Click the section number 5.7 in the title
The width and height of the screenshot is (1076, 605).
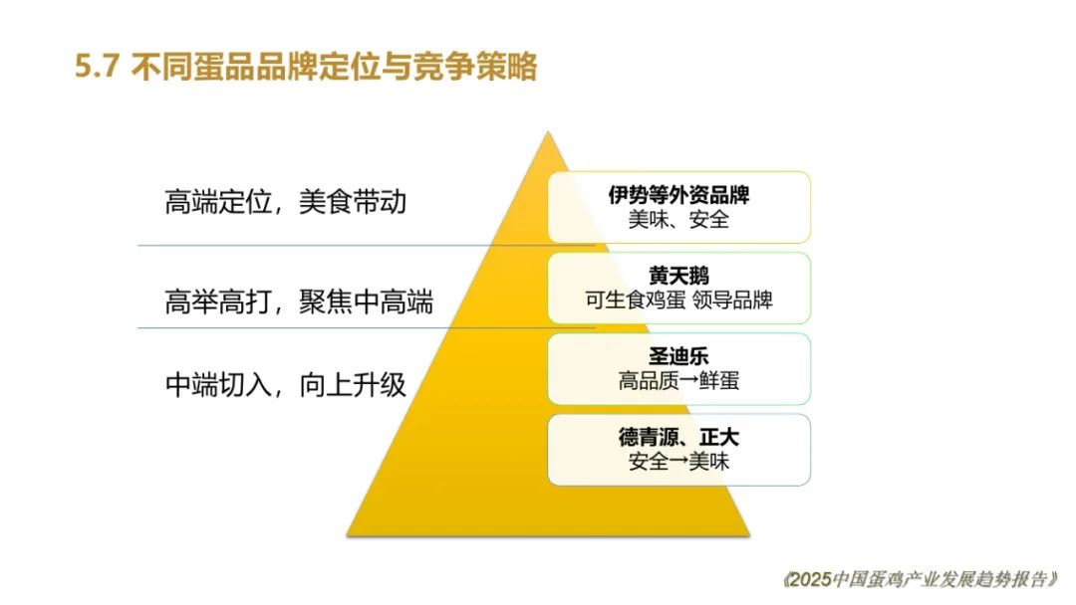(98, 67)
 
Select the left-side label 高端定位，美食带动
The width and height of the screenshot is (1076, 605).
(286, 202)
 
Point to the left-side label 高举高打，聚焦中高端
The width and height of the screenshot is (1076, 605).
(299, 302)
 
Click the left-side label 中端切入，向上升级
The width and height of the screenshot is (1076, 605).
(286, 384)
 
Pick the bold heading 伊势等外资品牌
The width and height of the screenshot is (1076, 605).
(678, 195)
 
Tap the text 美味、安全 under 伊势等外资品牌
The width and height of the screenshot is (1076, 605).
(678, 220)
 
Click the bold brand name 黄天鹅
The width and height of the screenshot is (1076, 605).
(678, 276)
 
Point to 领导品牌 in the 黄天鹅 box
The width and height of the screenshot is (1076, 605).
(733, 301)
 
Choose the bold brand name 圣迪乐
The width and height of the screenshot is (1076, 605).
(678, 356)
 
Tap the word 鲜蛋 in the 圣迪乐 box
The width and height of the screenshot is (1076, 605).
(719, 381)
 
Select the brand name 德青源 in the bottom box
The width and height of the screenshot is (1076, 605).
(649, 437)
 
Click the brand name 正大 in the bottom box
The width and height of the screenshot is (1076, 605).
(719, 437)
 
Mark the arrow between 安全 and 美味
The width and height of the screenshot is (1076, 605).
(678, 462)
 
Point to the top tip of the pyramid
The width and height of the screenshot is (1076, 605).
(548, 131)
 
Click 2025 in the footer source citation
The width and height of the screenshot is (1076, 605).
(810, 580)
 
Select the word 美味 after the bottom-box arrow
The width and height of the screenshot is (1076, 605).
(709, 462)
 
